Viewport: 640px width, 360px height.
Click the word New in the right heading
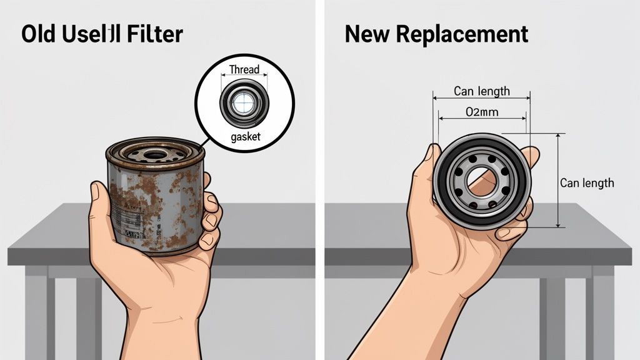pyautogui.click(x=366, y=34)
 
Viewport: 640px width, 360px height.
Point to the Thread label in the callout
pyautogui.click(x=244, y=69)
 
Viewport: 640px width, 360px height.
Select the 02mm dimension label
pyautogui.click(x=482, y=112)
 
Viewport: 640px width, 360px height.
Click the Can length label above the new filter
pyautogui.click(x=481, y=92)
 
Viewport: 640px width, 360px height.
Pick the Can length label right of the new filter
pyautogui.click(x=587, y=183)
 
